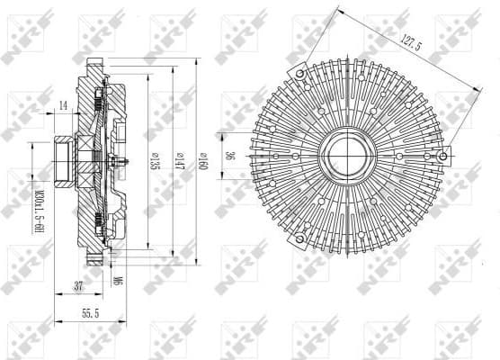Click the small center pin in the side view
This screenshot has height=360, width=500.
121,162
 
